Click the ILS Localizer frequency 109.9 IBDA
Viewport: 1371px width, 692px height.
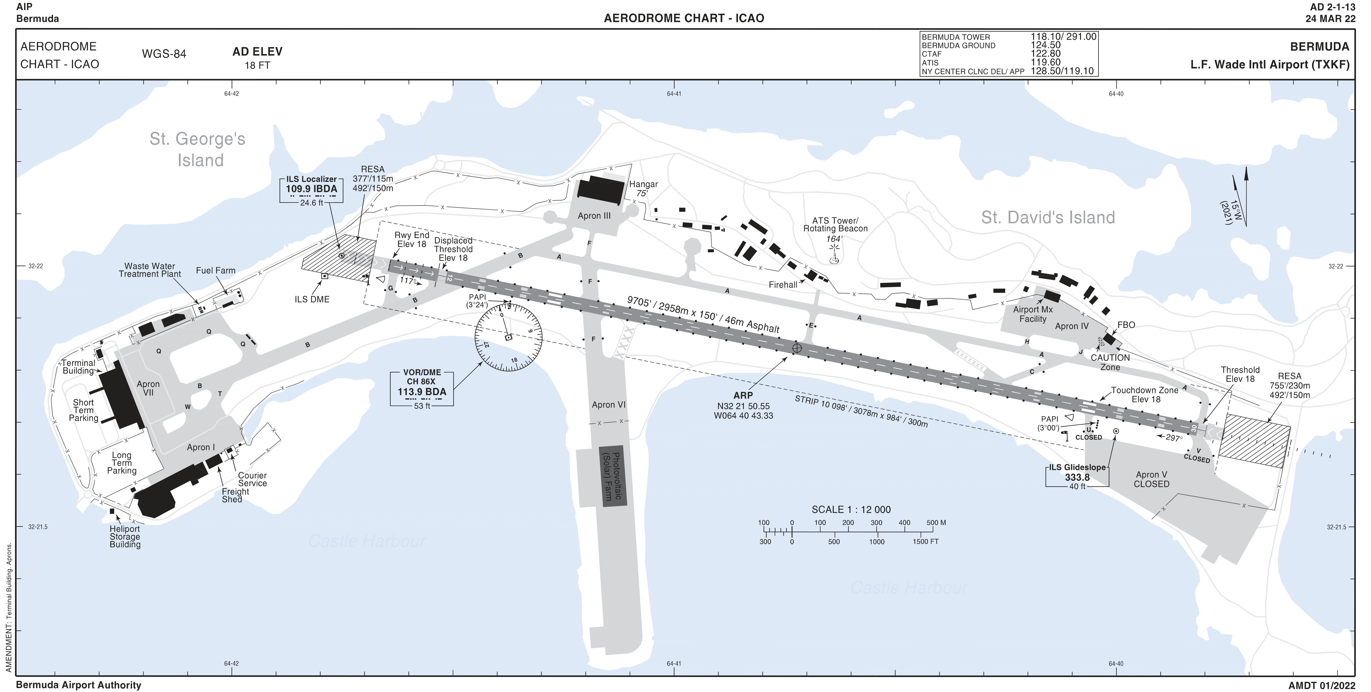(x=311, y=189)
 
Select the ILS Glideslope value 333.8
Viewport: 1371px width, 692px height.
(x=1077, y=478)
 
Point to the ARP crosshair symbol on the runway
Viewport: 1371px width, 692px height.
(x=797, y=348)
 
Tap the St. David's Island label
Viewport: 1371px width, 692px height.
(x=1047, y=217)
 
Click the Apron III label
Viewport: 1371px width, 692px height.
(x=594, y=216)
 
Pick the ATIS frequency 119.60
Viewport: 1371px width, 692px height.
(x=1045, y=62)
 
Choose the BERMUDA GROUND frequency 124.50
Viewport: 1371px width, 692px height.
(x=1045, y=45)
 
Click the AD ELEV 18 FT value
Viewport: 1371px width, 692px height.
(x=257, y=65)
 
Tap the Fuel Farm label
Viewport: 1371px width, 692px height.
(x=215, y=270)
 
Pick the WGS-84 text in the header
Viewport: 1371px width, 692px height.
(x=164, y=54)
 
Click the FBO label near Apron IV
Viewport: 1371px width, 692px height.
(x=1126, y=325)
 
